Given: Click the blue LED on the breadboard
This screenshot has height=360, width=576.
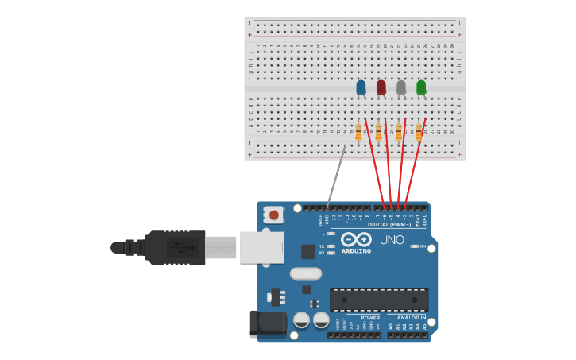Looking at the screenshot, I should (x=361, y=87).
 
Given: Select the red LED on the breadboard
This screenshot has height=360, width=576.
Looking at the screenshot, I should (x=381, y=87).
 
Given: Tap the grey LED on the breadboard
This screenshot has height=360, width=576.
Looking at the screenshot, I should (x=401, y=87).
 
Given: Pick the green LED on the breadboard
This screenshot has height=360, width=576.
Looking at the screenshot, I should (x=421, y=87).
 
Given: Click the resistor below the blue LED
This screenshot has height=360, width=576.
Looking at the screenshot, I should (x=358, y=132).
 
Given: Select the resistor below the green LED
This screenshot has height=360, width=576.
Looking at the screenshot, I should (x=419, y=132).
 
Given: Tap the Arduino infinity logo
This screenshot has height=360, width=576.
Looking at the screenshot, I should (x=356, y=239).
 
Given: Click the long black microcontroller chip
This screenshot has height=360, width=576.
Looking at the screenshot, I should (x=379, y=300).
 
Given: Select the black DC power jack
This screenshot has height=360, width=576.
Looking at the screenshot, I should (x=267, y=323).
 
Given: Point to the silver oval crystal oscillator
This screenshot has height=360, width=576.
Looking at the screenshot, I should (x=306, y=273).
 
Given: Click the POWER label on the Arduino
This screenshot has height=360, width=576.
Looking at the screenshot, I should (x=370, y=318).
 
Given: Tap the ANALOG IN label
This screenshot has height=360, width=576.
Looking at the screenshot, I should (x=411, y=318).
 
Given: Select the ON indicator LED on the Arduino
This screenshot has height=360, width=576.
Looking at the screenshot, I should (x=415, y=246).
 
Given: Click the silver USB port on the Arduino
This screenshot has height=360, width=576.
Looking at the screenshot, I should (x=261, y=247).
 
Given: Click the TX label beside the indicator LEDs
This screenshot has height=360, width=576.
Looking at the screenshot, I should (x=322, y=246).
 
